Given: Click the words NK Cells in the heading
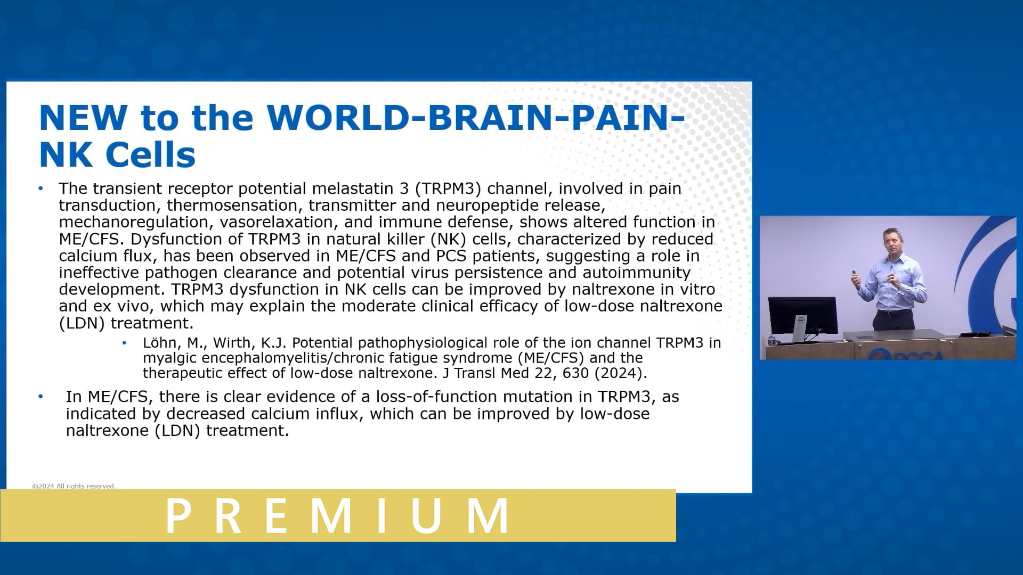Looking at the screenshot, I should (117, 155).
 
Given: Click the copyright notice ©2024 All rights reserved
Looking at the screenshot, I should (74, 486).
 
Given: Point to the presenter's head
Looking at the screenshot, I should (891, 240).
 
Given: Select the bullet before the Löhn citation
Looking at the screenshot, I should (124, 343).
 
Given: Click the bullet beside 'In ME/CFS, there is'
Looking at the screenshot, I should (40, 397).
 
